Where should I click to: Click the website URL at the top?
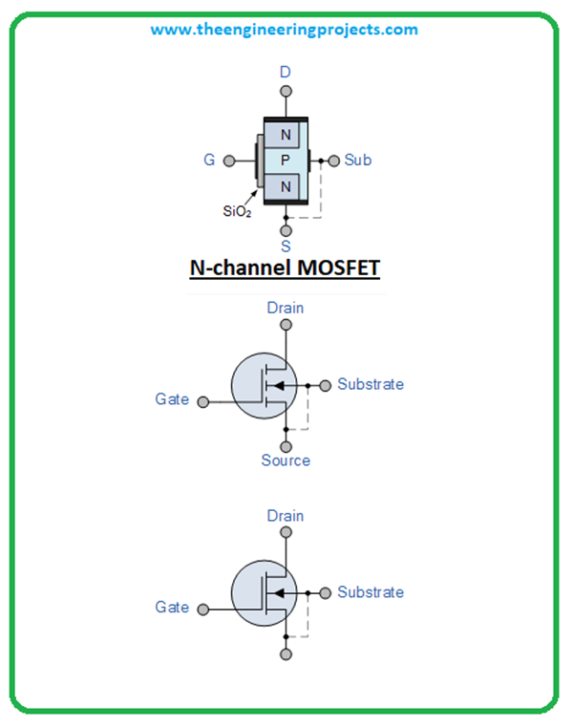click(x=284, y=30)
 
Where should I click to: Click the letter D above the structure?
click(x=285, y=72)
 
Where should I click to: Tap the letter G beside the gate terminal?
click(x=209, y=161)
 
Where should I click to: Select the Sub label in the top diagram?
click(x=358, y=161)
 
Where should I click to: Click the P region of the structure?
click(x=285, y=161)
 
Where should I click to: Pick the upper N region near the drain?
click(x=286, y=135)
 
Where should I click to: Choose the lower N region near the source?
click(x=286, y=186)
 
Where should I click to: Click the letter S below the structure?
click(x=286, y=246)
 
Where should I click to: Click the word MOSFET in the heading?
click(x=334, y=268)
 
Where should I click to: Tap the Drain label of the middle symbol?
click(x=286, y=309)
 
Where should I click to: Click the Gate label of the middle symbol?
click(x=172, y=399)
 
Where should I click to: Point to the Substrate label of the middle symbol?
click(x=371, y=384)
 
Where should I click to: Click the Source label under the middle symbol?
click(x=286, y=460)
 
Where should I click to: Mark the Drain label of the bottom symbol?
click(x=286, y=516)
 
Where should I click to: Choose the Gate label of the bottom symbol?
click(x=172, y=607)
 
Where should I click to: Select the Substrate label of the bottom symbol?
click(x=371, y=592)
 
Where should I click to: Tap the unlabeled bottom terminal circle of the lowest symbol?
click(x=286, y=654)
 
